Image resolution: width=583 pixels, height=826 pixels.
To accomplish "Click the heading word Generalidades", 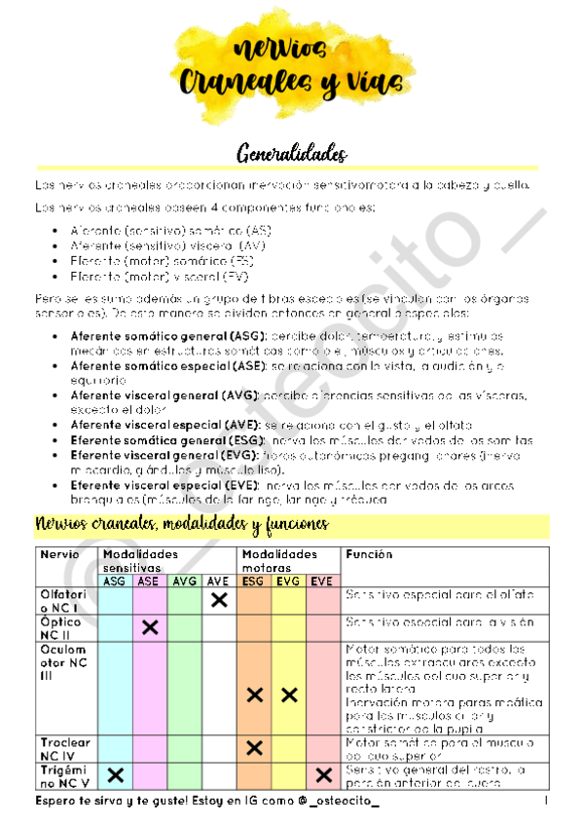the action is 292,154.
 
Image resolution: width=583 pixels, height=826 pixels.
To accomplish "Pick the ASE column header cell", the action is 149,581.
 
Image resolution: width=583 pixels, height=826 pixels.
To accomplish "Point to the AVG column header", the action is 184,581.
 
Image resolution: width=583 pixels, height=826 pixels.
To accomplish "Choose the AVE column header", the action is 218,581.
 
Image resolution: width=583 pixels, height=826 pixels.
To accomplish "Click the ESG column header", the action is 254,581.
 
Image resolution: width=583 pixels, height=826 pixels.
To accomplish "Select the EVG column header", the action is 288,581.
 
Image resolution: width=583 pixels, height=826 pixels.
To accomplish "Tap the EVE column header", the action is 322,581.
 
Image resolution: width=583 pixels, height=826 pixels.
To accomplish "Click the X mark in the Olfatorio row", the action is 219,601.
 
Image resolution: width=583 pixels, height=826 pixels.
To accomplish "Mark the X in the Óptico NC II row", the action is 150,627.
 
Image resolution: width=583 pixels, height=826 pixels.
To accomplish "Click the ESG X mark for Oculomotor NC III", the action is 255,695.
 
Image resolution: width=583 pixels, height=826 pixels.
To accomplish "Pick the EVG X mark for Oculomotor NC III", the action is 288,695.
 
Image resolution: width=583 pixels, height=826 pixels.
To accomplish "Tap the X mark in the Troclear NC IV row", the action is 255,748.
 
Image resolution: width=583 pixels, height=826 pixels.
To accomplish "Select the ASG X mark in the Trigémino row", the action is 116,775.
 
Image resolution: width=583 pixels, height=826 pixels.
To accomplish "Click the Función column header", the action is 369,555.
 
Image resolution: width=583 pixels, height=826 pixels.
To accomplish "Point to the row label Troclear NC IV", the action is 65,748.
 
